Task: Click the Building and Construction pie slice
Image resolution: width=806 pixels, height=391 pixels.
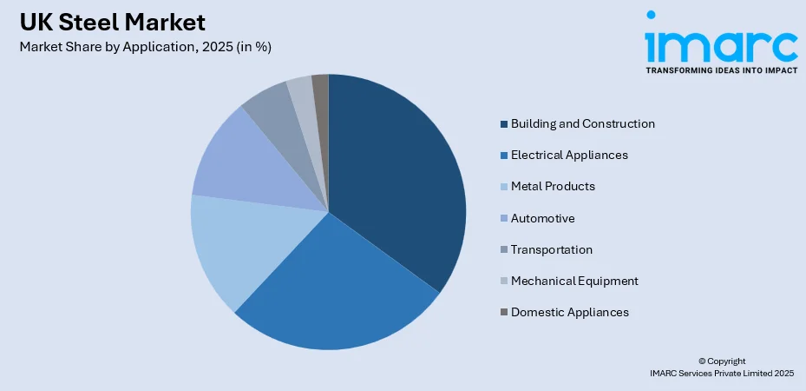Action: coord(399,174)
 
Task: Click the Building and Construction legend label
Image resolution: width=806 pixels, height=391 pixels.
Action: coord(582,123)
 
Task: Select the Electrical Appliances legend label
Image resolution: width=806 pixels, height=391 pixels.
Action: coord(569,155)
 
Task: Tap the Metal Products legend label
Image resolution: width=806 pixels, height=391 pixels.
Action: coord(553,186)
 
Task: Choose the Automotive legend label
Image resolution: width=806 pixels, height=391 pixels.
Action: coord(542,218)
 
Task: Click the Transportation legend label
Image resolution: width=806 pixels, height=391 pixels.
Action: coord(552,249)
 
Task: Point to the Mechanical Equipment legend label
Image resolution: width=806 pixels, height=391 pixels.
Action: coord(574,281)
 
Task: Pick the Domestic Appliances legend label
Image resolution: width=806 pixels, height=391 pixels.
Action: coord(570,312)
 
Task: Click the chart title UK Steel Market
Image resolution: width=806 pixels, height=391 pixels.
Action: coord(113,22)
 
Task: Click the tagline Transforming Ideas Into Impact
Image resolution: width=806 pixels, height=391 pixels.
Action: coord(720,70)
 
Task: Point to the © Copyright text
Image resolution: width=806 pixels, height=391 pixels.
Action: coord(721,361)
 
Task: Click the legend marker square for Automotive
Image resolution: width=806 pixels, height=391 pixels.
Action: coord(503,218)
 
